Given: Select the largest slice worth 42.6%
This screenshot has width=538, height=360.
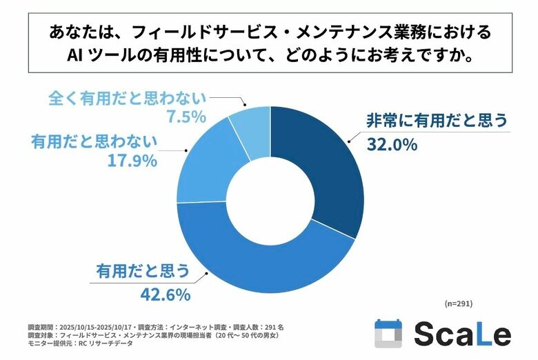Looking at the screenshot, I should point(262,266).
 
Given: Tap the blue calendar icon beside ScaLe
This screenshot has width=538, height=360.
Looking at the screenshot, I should point(388,334).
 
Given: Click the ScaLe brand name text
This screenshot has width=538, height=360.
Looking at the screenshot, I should point(462,334).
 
